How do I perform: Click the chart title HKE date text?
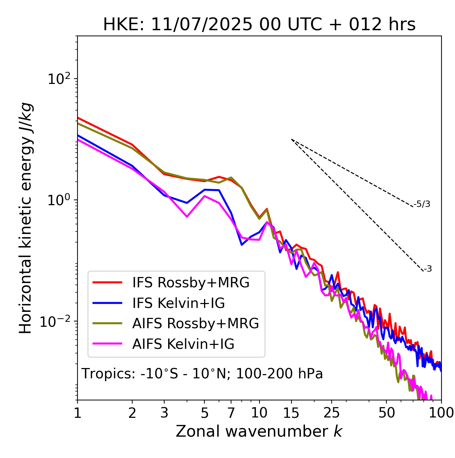click(259, 25)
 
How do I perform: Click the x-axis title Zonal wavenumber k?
click(259, 431)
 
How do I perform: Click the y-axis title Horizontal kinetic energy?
click(26, 218)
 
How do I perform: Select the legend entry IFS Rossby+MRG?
click(191, 283)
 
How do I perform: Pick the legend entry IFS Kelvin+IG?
click(178, 303)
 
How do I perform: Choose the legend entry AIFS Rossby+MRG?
click(196, 324)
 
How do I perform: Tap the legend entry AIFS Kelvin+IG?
click(183, 344)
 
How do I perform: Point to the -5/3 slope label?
click(422, 204)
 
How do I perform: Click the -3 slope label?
click(428, 269)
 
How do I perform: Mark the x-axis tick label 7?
click(231, 413)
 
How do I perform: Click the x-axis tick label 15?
click(291, 413)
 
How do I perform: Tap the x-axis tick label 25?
click(332, 413)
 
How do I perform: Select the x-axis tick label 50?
click(386, 413)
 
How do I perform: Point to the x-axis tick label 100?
click(441, 413)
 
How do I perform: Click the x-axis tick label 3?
click(164, 413)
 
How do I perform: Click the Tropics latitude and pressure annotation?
click(202, 374)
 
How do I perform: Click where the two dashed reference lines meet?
click(291, 139)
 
